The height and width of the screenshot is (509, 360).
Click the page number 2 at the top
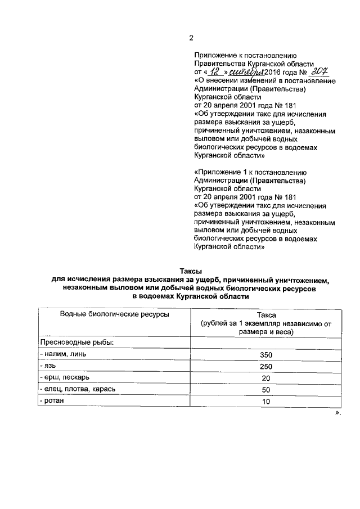tap(191, 38)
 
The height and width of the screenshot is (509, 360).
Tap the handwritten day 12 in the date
tap(213, 72)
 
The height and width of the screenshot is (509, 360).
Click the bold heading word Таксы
tap(190, 271)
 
